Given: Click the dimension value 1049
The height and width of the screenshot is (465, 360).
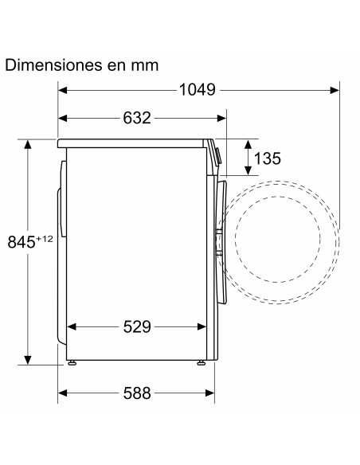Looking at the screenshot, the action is [x=198, y=89].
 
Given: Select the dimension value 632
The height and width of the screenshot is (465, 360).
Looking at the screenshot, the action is [x=137, y=118].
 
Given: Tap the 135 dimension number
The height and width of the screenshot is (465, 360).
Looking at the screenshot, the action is [x=267, y=158].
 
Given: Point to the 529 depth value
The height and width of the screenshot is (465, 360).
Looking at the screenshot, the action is [x=137, y=326].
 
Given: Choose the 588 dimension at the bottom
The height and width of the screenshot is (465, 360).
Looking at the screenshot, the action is [x=137, y=393].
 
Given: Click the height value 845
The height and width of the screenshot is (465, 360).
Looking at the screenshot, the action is [x=22, y=242].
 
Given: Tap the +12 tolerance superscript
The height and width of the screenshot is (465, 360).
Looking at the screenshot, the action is [x=44, y=238].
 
